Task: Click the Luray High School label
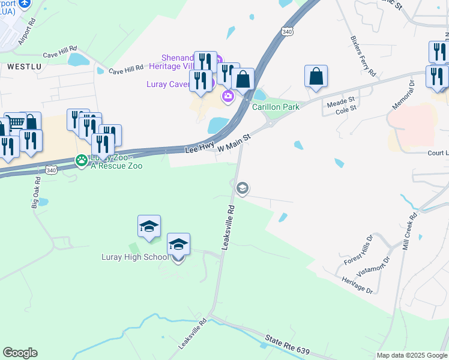[134, 257]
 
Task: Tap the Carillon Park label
[276, 107]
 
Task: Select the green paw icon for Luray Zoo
[80, 160]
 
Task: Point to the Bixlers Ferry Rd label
[363, 56]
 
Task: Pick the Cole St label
[346, 111]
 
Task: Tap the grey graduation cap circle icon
[243, 189]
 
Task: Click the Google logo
[20, 353]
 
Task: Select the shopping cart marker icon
[14, 122]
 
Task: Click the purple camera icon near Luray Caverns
[228, 96]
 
